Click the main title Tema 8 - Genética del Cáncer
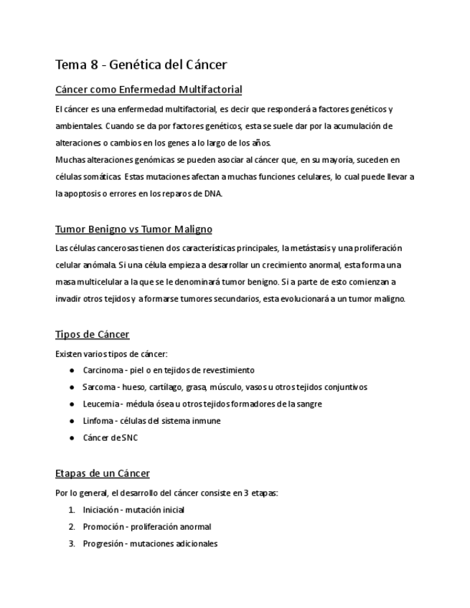tap(141, 65)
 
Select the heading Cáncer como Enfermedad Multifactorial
tap(149, 90)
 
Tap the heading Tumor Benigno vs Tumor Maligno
tap(133, 229)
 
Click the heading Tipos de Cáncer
tap(93, 335)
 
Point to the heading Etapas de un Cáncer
tap(103, 474)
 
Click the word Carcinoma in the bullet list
tap(103, 370)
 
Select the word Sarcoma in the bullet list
tap(99, 387)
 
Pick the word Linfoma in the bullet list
tap(98, 421)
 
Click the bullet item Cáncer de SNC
tap(110, 437)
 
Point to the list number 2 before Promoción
tap(72, 526)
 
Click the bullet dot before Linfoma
tap(72, 421)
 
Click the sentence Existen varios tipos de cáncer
tap(111, 353)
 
